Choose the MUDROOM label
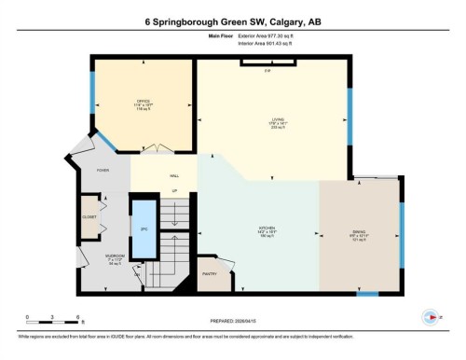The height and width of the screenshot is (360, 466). point(91,258)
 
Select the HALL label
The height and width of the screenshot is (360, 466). point(173,175)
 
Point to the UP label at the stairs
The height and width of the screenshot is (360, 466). point(173,192)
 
